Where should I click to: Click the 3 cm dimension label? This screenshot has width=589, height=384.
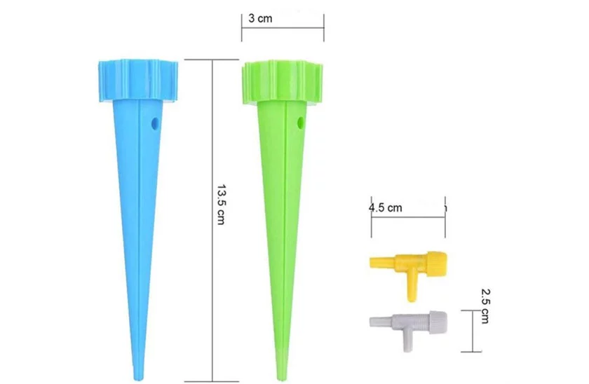pyautogui.click(x=260, y=18)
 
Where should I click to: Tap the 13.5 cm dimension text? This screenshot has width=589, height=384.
pyautogui.click(x=221, y=204)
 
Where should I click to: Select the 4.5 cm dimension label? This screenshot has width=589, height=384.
pyautogui.click(x=386, y=207)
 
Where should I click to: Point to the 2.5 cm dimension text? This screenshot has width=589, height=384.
pyautogui.click(x=485, y=306)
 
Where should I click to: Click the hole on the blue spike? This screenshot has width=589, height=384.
pyautogui.click(x=154, y=123)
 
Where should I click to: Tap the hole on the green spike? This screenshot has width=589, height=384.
pyautogui.click(x=301, y=123)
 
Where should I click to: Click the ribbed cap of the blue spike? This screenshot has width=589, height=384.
pyautogui.click(x=138, y=81)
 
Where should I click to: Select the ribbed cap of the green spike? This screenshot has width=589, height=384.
pyautogui.click(x=283, y=82)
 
